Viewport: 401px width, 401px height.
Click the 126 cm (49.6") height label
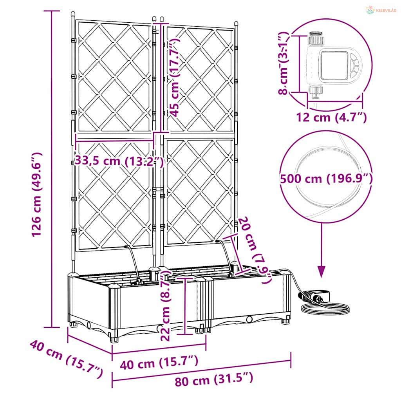[x=36, y=194]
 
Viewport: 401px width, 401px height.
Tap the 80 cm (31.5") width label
[x=214, y=379]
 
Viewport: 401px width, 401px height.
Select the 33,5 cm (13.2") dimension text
[x=119, y=161]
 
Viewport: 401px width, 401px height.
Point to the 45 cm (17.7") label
[x=175, y=77]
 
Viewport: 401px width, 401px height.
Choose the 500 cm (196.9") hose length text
[x=326, y=179]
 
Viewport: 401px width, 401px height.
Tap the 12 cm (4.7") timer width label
[x=331, y=117]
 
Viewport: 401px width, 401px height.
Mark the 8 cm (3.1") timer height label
[x=284, y=63]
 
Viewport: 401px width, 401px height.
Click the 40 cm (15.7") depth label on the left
[x=66, y=359]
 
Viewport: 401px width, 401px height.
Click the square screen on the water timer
[x=334, y=65]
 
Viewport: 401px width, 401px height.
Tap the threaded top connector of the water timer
[x=316, y=38]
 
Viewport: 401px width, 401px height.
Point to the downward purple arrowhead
[x=322, y=271]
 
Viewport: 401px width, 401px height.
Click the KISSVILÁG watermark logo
[x=381, y=10]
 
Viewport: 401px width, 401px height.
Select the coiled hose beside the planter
[x=325, y=308]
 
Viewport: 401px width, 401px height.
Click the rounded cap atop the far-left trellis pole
[x=73, y=14]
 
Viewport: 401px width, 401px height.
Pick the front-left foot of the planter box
[x=114, y=339]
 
